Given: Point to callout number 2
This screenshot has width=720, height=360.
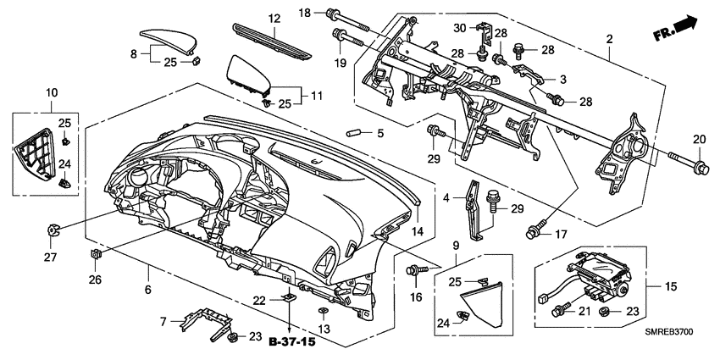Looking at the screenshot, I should tap(608, 39).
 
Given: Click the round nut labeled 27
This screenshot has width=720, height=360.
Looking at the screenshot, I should tap(53, 229).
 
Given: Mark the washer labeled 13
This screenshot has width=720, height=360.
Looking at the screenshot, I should tap(323, 311).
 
